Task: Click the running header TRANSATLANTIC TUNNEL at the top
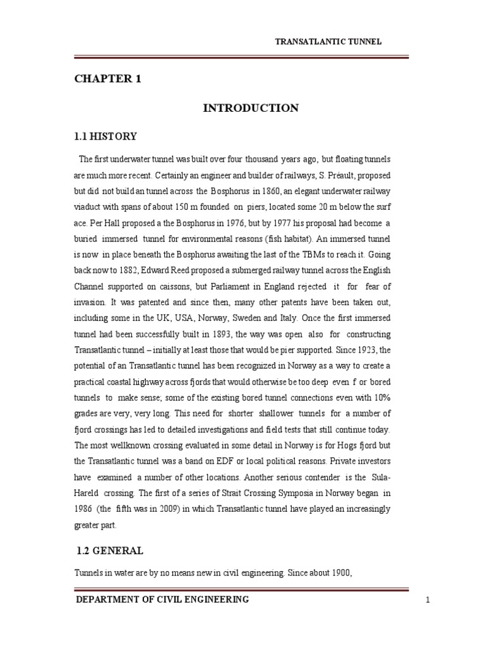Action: tap(328, 42)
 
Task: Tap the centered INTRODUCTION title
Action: tap(251, 108)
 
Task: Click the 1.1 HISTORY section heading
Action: tap(105, 136)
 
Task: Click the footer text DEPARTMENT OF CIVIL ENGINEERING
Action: tap(162, 599)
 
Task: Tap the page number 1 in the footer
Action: tap(428, 600)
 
